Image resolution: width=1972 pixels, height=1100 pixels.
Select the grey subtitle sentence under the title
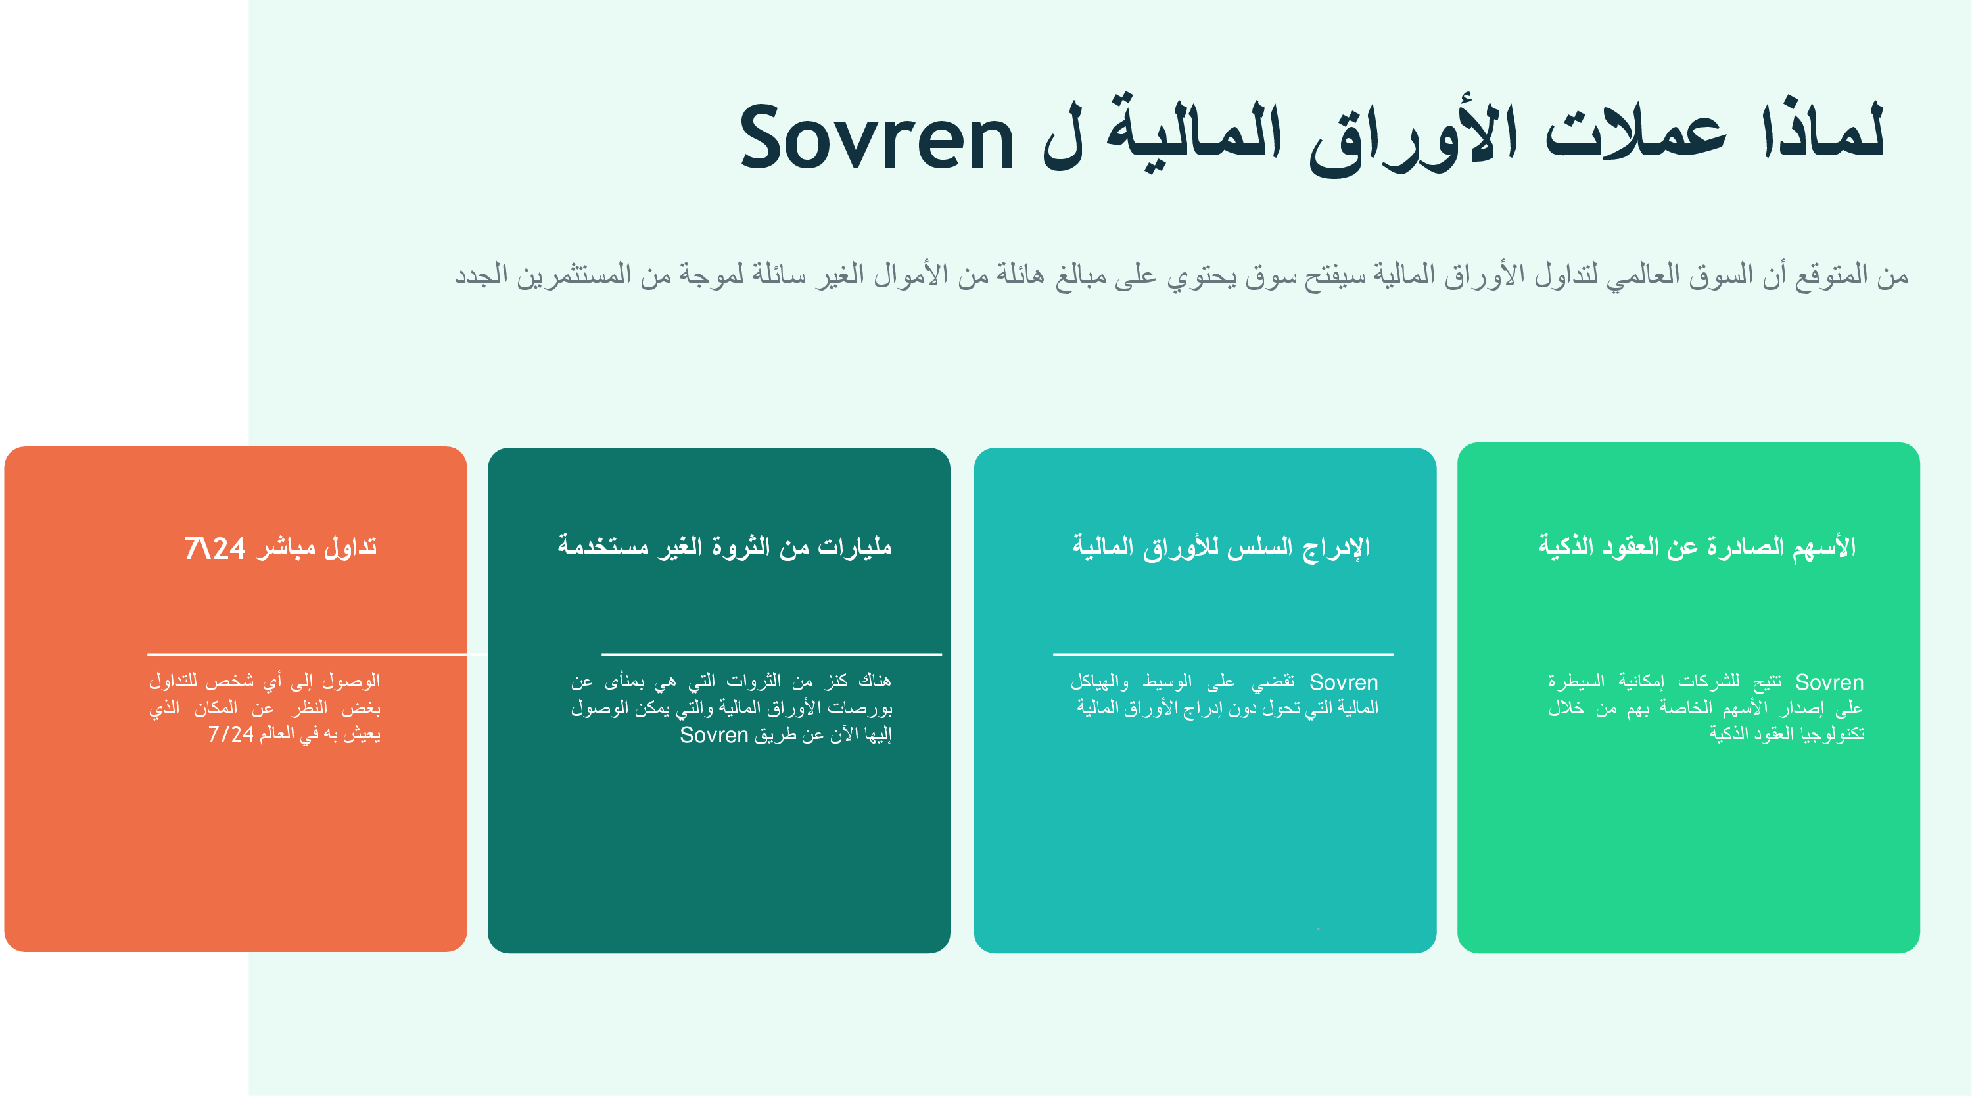[x=1181, y=274]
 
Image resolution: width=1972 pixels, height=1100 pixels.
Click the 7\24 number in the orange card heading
[x=214, y=548]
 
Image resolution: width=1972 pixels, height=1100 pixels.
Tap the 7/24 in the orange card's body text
[x=231, y=734]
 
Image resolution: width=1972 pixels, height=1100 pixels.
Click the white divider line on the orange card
[x=317, y=654]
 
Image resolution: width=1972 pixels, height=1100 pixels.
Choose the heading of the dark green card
[x=724, y=546]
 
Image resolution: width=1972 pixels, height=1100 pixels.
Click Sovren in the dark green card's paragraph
[x=713, y=735]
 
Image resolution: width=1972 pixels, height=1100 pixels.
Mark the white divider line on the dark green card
[x=772, y=654]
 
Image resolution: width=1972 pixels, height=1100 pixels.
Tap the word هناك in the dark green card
[x=875, y=680]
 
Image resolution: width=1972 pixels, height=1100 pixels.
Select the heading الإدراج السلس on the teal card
[x=1221, y=546]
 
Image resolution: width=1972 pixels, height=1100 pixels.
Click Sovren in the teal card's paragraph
[x=1344, y=682]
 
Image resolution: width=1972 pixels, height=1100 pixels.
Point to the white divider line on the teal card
[x=1223, y=654]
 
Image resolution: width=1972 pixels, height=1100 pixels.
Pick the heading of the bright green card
[x=1697, y=546]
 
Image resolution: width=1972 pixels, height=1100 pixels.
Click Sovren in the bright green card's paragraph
[x=1829, y=682]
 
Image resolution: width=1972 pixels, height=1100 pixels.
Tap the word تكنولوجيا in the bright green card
[x=1833, y=733]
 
